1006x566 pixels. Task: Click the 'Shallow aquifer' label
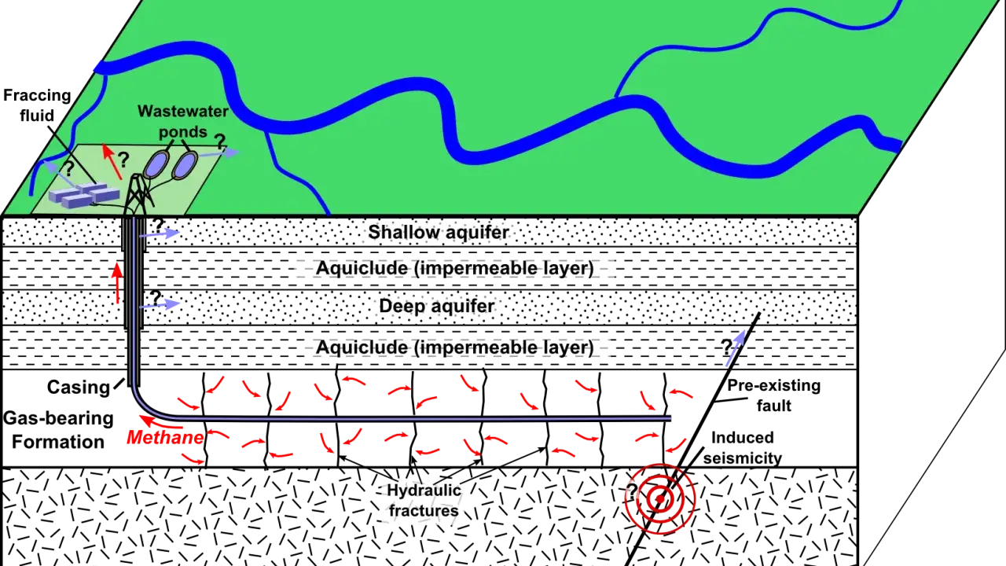tap(439, 232)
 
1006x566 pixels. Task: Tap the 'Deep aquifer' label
tap(436, 306)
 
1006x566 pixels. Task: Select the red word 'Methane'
tap(165, 437)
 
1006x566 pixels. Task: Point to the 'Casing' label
tap(79, 388)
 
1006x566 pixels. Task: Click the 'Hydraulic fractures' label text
tap(424, 501)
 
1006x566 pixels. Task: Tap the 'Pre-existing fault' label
tap(774, 395)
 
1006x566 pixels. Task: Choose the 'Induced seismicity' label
tap(743, 447)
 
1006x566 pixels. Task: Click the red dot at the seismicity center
tap(659, 498)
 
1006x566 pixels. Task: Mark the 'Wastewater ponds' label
tap(183, 121)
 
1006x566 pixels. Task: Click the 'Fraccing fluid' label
tap(37, 105)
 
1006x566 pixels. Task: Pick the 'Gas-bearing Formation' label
tap(58, 430)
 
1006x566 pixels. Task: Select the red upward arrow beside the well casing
tap(117, 284)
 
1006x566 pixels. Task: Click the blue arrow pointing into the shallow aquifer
tap(160, 233)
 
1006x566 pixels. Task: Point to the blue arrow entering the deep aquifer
tap(160, 305)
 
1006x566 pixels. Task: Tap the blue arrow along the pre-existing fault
tap(736, 348)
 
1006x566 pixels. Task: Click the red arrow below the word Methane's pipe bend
tap(161, 423)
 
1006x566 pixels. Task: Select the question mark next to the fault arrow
tap(727, 347)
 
